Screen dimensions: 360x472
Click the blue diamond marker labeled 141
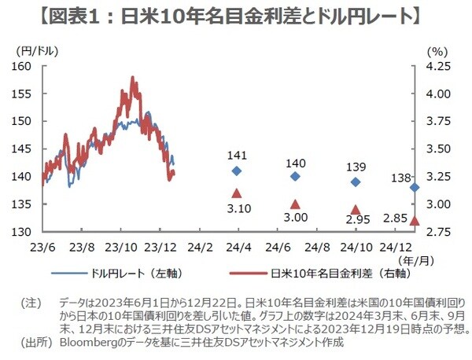click(237, 171)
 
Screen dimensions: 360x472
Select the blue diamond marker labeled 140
click(295, 176)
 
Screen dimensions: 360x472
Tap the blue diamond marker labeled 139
click(355, 182)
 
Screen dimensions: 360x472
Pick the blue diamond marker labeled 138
click(415, 187)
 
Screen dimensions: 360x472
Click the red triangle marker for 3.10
click(237, 193)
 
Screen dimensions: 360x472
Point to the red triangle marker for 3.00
click(295, 204)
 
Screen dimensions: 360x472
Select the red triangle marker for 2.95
click(355, 210)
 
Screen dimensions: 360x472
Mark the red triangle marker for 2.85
click(415, 220)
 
